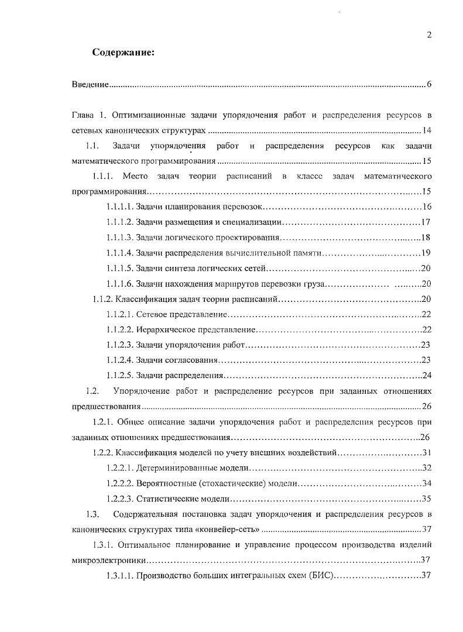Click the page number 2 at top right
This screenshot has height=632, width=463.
[x=429, y=35]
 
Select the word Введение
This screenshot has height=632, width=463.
[x=90, y=85]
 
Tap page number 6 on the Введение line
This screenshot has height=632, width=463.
[x=429, y=85]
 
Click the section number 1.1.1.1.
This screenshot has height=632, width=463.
[x=119, y=207]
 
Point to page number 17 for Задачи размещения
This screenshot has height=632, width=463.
[x=426, y=222]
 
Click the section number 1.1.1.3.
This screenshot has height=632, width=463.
[x=119, y=238]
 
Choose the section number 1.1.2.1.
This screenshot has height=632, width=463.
[x=119, y=315]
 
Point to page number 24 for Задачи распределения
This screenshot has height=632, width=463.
[x=427, y=375]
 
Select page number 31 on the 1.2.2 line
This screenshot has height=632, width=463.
[x=427, y=452]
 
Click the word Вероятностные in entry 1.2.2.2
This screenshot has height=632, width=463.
[x=166, y=483]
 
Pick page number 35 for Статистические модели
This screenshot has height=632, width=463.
[x=427, y=499]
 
